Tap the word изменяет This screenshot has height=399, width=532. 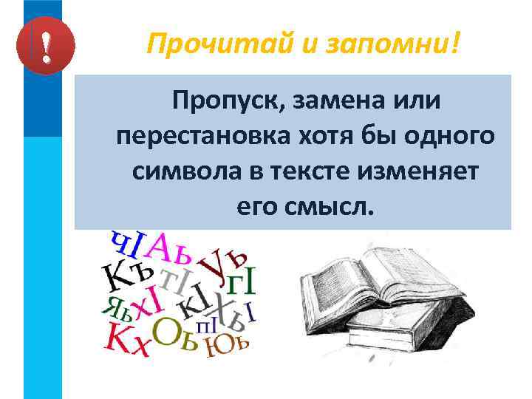[x=422, y=174]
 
